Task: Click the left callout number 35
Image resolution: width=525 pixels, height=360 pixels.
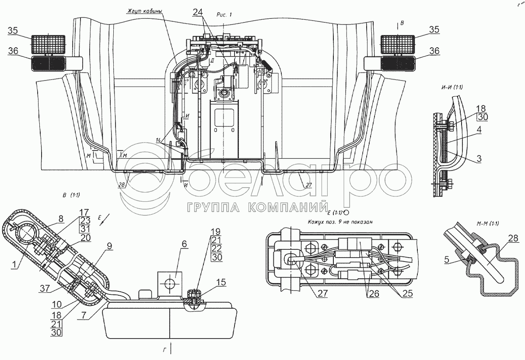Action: (x=13, y=30)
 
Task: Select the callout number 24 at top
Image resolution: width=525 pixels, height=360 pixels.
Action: (x=197, y=13)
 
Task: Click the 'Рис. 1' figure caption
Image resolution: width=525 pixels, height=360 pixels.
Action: (x=224, y=14)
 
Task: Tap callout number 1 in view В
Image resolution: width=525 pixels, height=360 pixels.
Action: (x=15, y=265)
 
